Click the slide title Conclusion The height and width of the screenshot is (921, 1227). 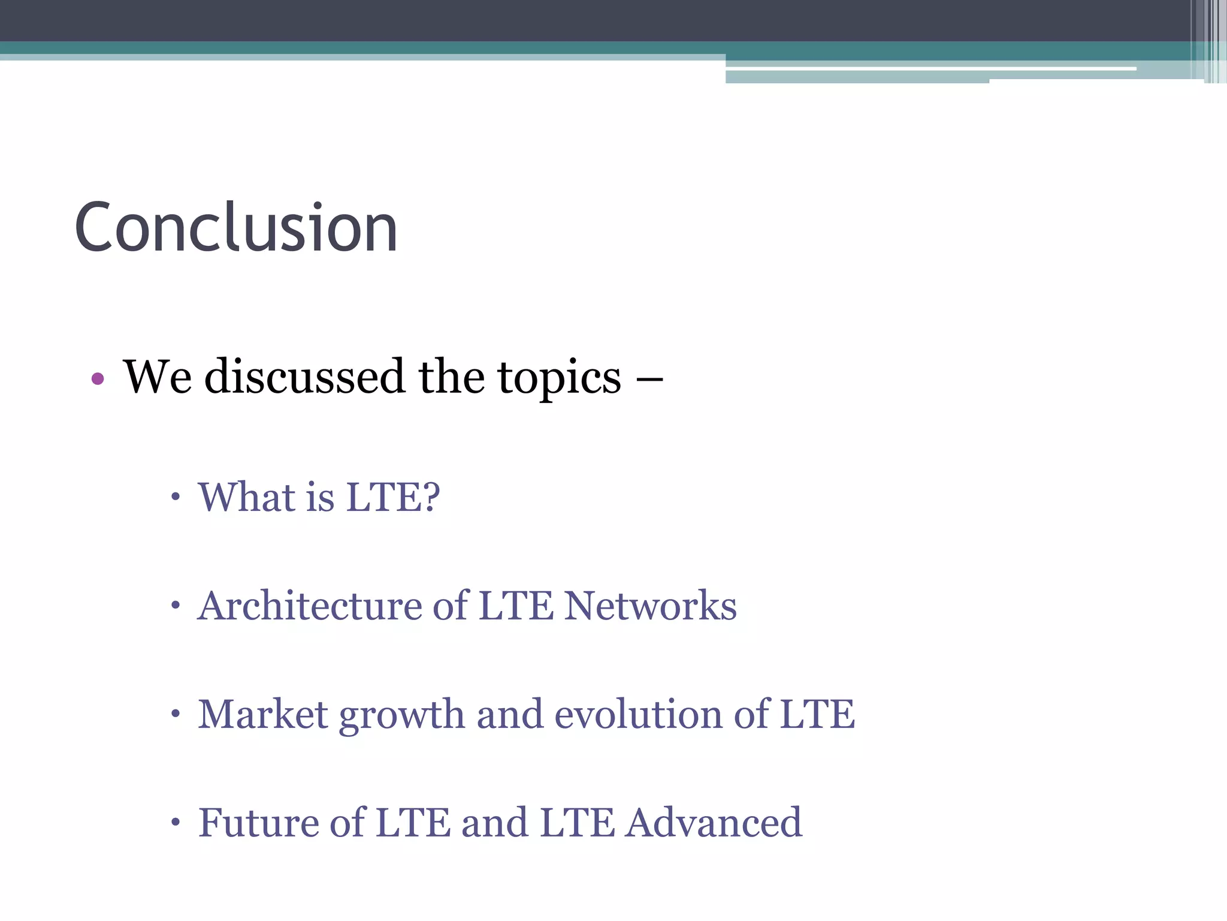pos(236,228)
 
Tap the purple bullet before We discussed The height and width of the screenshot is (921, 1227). pos(98,379)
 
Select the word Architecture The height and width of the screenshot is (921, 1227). pos(310,606)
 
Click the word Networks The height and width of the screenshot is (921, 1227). pos(651,606)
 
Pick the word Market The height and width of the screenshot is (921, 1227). pos(263,714)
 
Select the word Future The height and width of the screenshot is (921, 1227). pos(258,822)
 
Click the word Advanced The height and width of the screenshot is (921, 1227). pos(714,822)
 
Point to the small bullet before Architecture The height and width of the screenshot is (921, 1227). pos(175,606)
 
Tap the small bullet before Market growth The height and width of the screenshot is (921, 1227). pos(175,714)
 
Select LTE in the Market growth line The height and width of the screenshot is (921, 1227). pos(817,714)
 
